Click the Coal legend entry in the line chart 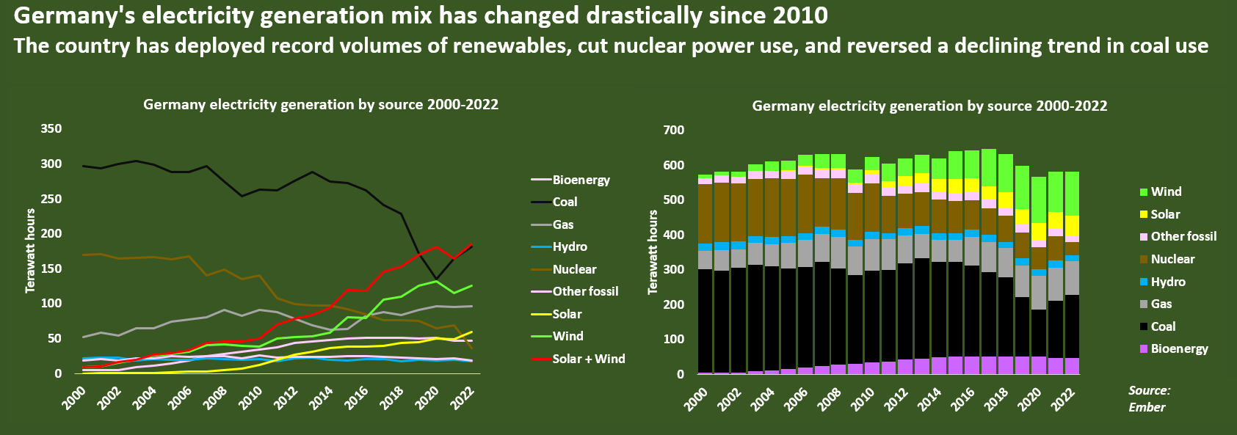pyautogui.click(x=565, y=202)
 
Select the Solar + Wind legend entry pyautogui.click(x=589, y=359)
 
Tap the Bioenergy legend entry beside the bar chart pyautogui.click(x=1179, y=348)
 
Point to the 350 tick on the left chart pyautogui.click(x=51, y=128)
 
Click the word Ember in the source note pyautogui.click(x=1147, y=407)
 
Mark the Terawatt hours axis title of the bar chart pyautogui.click(x=653, y=252)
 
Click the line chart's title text pyautogui.click(x=321, y=104)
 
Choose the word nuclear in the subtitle pyautogui.click(x=649, y=46)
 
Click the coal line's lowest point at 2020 pyautogui.click(x=437, y=279)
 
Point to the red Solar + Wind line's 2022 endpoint pyautogui.click(x=471, y=244)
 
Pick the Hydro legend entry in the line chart pyautogui.click(x=570, y=246)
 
